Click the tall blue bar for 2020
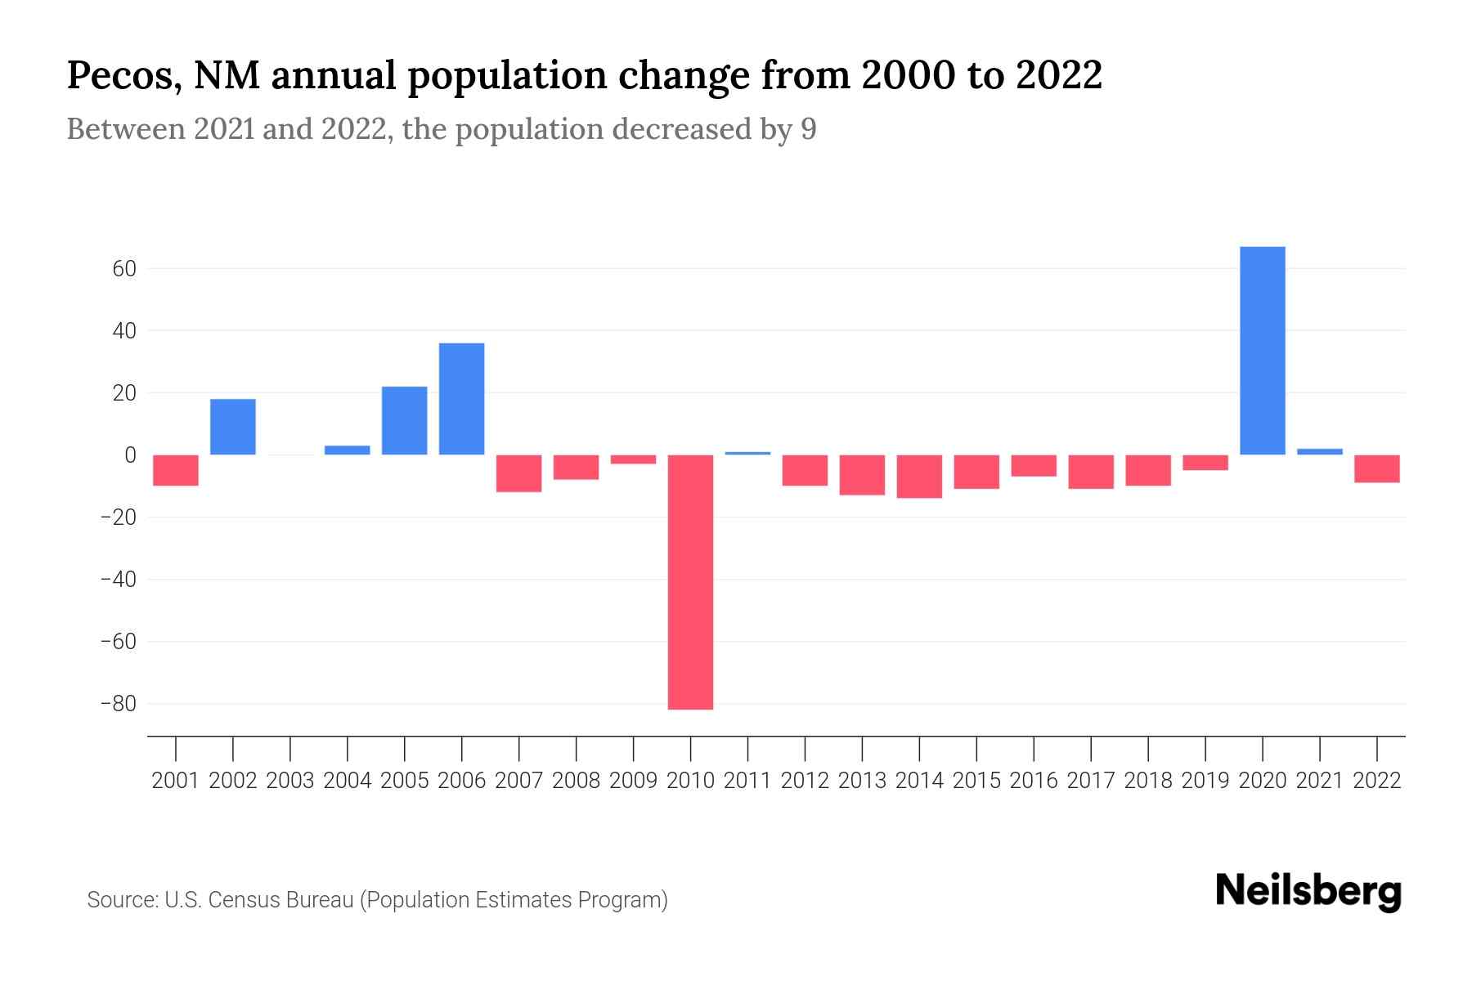(1262, 351)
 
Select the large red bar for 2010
(690, 582)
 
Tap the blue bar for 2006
(461, 399)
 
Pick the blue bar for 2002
(233, 427)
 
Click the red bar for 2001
(176, 470)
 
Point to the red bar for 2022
(1376, 468)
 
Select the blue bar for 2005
(404, 420)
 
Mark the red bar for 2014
(919, 477)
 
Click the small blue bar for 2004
(347, 450)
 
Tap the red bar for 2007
(518, 473)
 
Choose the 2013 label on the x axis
(862, 781)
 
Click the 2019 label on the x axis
(1205, 781)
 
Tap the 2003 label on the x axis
(290, 781)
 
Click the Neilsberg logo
(1308, 891)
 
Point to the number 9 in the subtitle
(808, 129)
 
